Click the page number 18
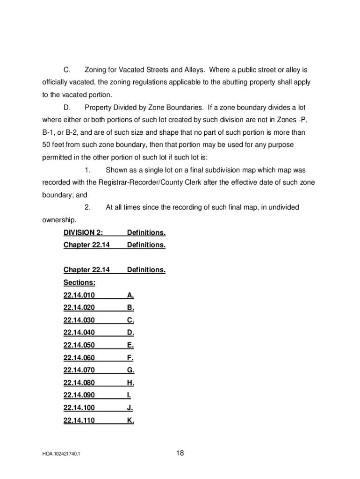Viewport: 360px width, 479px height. (x=180, y=453)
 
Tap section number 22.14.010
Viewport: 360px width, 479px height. (x=79, y=295)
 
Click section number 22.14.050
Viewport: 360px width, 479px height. (x=79, y=345)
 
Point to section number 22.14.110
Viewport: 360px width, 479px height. (x=79, y=421)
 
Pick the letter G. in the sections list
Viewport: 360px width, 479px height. (x=130, y=370)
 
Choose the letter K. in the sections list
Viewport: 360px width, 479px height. (x=130, y=421)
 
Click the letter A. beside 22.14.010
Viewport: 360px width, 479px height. (x=130, y=295)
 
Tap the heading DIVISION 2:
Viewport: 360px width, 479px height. (x=83, y=232)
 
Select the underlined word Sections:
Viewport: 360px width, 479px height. (x=79, y=283)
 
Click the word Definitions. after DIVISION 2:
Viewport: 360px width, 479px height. (x=146, y=232)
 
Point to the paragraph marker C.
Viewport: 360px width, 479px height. (x=67, y=70)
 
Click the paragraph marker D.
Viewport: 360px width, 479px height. (x=67, y=108)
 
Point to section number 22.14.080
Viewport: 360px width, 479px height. (x=79, y=383)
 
